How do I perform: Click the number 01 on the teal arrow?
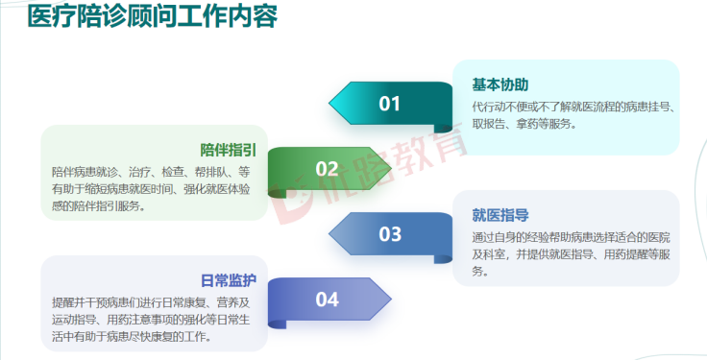pos(389,104)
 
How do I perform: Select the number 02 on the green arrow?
pos(327,169)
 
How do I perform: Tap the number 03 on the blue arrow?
pos(389,233)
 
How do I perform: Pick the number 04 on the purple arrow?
pos(327,300)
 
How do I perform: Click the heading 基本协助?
pos(500,84)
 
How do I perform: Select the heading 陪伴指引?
pos(228,150)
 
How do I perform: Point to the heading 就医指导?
pos(500,215)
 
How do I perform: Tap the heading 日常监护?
pos(228,280)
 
